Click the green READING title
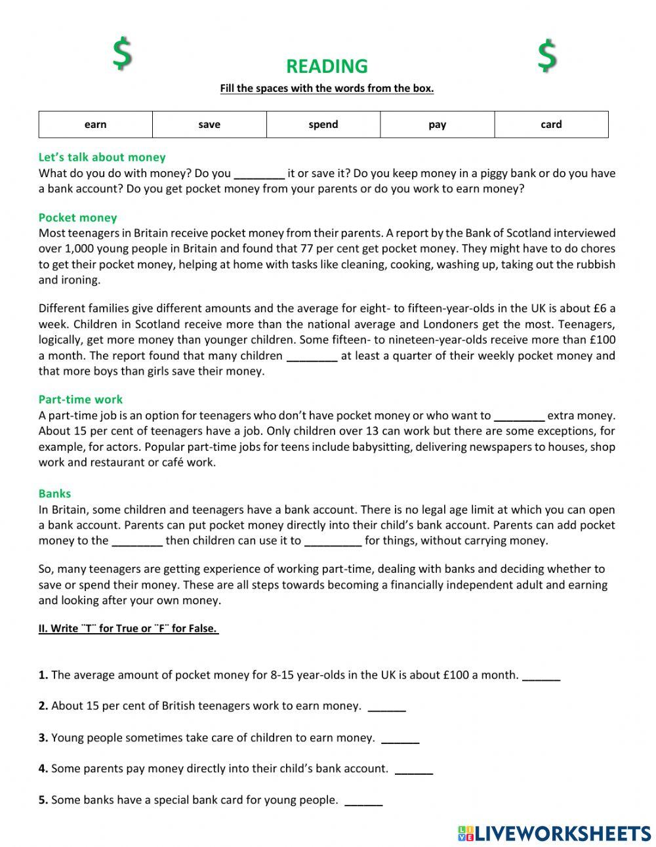point(327,66)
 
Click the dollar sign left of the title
point(121,54)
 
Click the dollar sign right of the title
point(547,56)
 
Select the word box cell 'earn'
point(96,125)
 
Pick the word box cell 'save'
point(209,125)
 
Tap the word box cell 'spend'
point(323,125)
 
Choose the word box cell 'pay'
point(438,125)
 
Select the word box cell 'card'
point(551,125)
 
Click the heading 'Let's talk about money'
point(102,157)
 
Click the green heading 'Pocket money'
point(77,218)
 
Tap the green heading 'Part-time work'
point(80,400)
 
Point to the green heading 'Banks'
point(54,494)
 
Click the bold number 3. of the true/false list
point(43,738)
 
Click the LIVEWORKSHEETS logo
point(554,833)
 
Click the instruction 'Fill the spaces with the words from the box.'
point(327,89)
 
